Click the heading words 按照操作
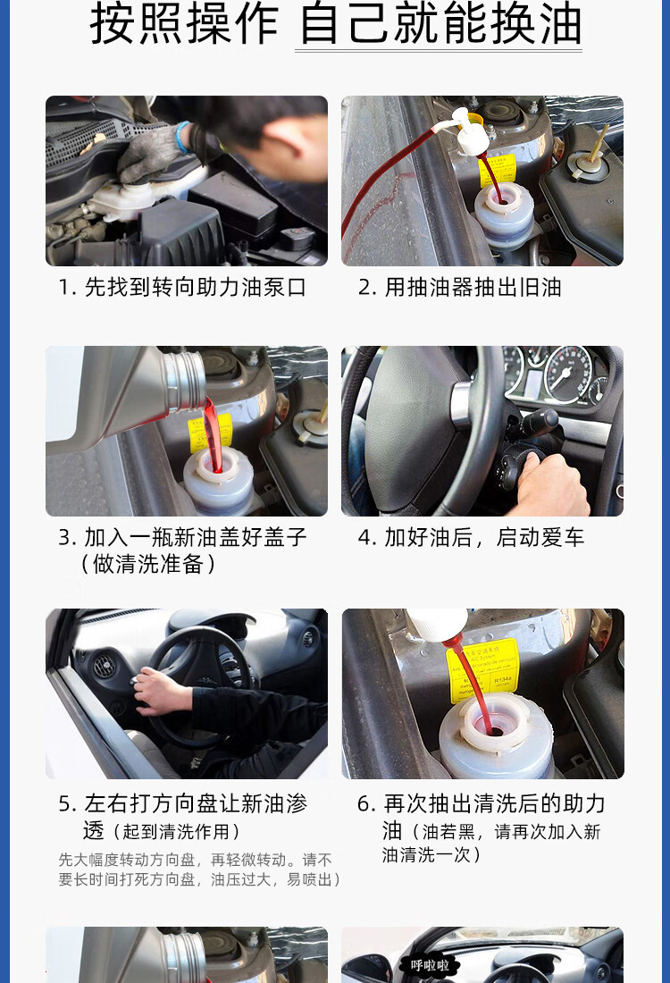click(x=184, y=24)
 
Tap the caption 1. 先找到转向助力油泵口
click(x=182, y=287)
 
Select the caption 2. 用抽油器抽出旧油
click(x=459, y=287)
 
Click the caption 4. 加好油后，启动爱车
click(x=471, y=537)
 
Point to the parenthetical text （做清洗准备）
click(x=148, y=564)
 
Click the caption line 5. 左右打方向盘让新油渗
click(x=182, y=803)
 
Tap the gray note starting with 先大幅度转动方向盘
click(x=199, y=870)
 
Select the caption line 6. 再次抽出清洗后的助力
click(x=482, y=803)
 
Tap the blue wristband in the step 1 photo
click(x=181, y=138)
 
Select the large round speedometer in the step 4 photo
click(x=568, y=375)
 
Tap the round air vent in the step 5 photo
click(x=104, y=667)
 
